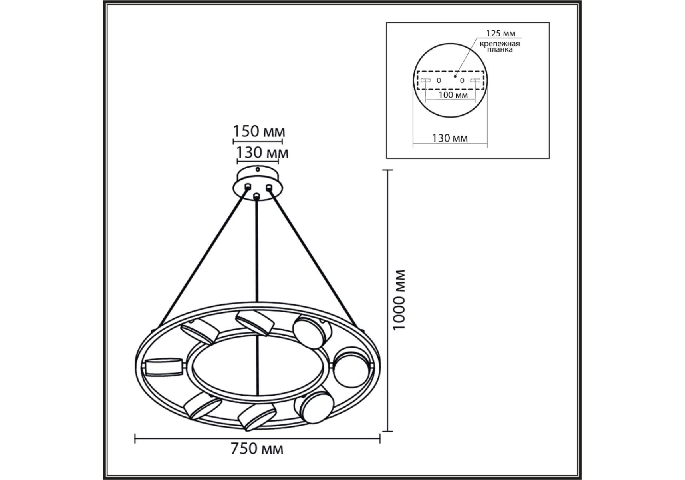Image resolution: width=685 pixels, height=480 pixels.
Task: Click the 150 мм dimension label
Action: click(x=259, y=131)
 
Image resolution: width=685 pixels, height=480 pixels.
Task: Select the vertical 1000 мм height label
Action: click(x=399, y=300)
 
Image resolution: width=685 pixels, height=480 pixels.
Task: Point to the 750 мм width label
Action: click(x=257, y=449)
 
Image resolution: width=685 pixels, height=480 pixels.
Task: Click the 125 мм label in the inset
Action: click(x=500, y=33)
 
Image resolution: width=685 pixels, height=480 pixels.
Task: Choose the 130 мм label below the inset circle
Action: click(x=450, y=138)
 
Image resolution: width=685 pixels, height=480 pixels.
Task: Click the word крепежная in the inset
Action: click(x=500, y=44)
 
